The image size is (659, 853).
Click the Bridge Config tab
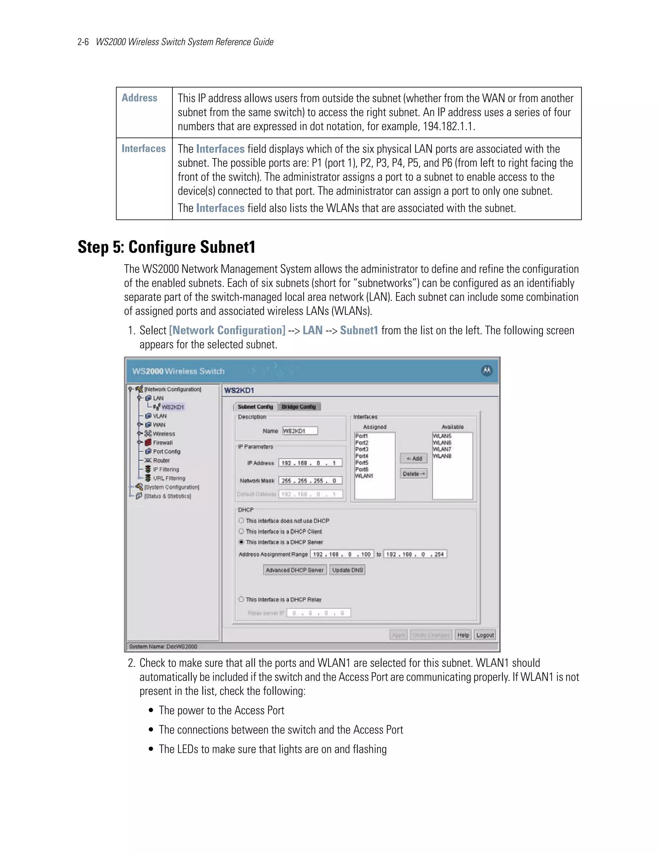299,407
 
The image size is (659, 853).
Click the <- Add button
414,458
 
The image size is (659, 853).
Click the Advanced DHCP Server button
294,570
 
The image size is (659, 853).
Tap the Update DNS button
348,570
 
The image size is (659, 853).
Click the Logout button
485,635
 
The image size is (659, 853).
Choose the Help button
463,635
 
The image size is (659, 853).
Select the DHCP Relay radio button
241,599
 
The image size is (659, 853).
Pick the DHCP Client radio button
241,531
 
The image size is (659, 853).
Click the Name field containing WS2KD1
300,431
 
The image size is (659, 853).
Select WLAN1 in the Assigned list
364,476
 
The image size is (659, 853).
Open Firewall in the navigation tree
162,443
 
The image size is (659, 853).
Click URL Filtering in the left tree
169,478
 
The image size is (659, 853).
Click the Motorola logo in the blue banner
487,370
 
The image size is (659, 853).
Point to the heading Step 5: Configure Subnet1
166,247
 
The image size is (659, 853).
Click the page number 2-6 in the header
83,42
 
